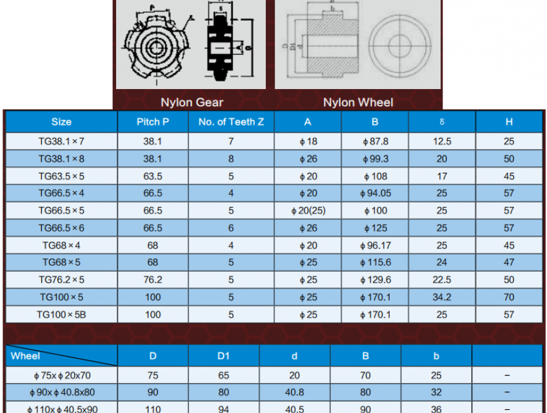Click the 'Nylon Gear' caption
[x=192, y=103]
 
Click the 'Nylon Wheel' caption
[x=358, y=103]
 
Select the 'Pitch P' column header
[x=153, y=122]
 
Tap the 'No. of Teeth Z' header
[x=231, y=122]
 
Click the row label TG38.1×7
[x=61, y=141]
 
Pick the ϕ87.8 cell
[x=375, y=141]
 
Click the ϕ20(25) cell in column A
[x=308, y=211]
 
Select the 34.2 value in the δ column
[x=442, y=297]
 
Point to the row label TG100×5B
[x=61, y=314]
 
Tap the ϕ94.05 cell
[x=375, y=194]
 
